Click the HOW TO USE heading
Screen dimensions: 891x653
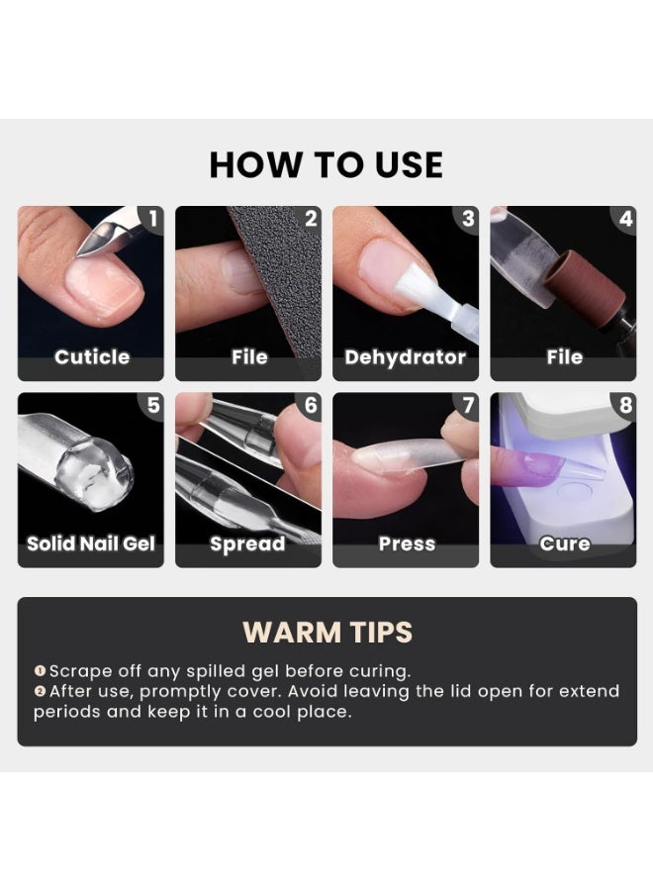[326, 164]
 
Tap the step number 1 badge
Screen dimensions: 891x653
[152, 218]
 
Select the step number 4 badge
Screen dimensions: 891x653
[625, 218]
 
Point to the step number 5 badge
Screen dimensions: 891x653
[152, 405]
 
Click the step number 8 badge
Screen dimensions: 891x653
[625, 405]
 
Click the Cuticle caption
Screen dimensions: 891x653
[92, 357]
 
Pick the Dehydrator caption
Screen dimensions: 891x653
[405, 357]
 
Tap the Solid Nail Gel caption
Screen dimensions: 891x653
[91, 544]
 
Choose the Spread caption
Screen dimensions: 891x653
[247, 544]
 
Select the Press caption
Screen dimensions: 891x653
[407, 544]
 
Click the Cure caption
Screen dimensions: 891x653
[565, 544]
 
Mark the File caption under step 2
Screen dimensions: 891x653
[249, 357]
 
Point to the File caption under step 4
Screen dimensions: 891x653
[565, 357]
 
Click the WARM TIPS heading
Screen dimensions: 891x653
[327, 632]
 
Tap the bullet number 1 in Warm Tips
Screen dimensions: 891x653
[40, 671]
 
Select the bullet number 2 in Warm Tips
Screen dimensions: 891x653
[40, 691]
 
